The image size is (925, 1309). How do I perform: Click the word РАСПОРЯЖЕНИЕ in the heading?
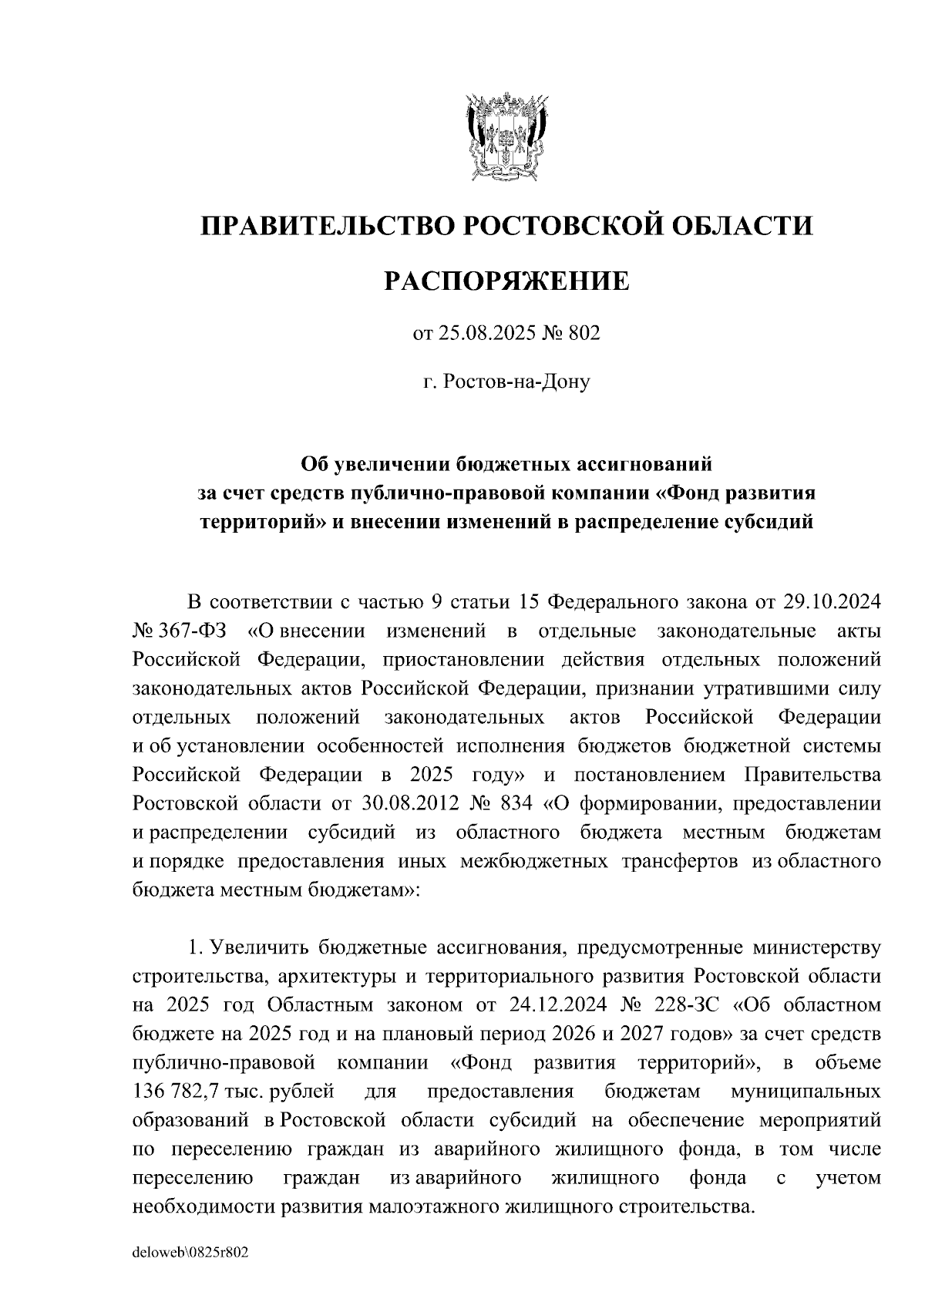point(506,281)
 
